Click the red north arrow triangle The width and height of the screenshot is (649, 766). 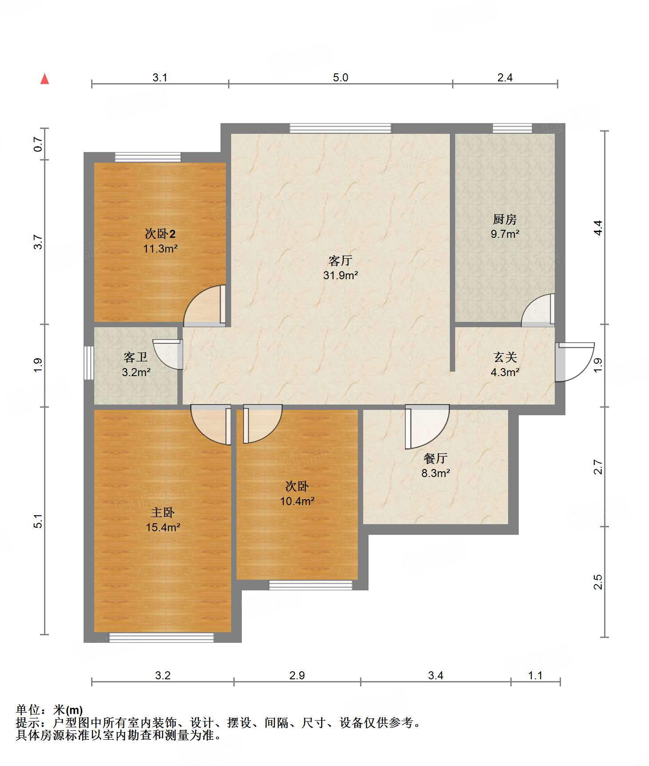(44, 79)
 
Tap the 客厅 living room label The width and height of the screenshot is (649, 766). (341, 261)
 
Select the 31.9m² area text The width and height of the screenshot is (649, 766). (341, 276)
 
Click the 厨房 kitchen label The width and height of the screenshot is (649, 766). (505, 219)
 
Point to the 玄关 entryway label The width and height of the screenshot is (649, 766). (505, 357)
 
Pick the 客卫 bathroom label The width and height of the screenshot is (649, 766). (136, 357)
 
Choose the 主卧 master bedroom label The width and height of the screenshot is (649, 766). (163, 513)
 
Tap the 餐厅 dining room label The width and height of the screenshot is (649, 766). (436, 458)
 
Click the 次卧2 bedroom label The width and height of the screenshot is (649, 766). (160, 234)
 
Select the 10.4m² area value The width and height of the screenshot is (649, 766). (297, 501)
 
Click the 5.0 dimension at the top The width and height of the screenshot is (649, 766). (341, 77)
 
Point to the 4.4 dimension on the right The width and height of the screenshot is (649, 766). (598, 228)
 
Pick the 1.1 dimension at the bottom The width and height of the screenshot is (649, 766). (535, 676)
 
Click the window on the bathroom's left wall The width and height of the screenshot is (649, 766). (89, 363)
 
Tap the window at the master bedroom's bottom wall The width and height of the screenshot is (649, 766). (161, 638)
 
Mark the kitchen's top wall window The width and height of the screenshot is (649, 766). (512, 128)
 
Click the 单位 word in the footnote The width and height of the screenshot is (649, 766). (28, 710)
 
